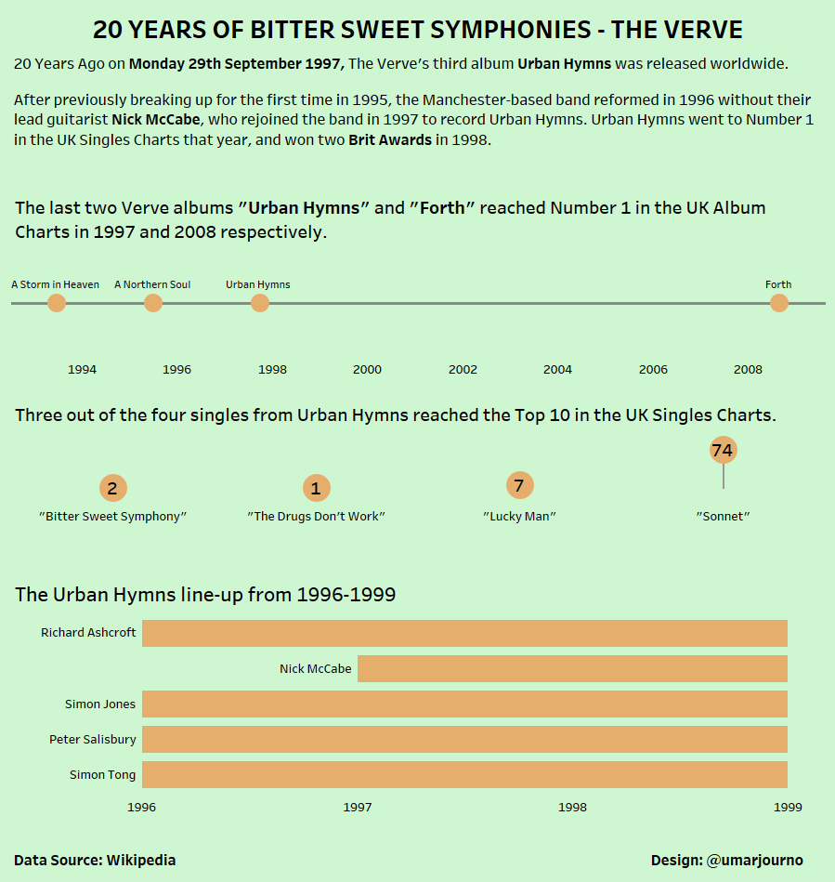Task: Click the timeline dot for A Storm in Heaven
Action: point(57,303)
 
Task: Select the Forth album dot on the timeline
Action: point(779,303)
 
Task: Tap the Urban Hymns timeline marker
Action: point(260,303)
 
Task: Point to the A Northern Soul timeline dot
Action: point(153,303)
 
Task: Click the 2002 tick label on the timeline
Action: point(463,370)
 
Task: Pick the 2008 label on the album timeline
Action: point(748,370)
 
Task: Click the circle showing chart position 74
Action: point(722,451)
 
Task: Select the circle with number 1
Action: point(316,488)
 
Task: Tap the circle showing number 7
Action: point(519,485)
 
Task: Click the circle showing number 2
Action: point(112,488)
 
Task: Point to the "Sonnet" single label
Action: point(723,517)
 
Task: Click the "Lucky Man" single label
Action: point(519,517)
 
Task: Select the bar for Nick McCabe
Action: point(572,668)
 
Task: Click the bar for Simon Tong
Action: point(464,774)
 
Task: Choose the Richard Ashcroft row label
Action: point(88,633)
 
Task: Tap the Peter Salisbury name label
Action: point(93,740)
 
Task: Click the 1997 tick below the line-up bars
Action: point(358,808)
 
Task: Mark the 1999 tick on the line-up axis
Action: point(788,808)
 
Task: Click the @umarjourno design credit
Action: point(754,861)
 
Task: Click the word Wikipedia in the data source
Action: point(141,861)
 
